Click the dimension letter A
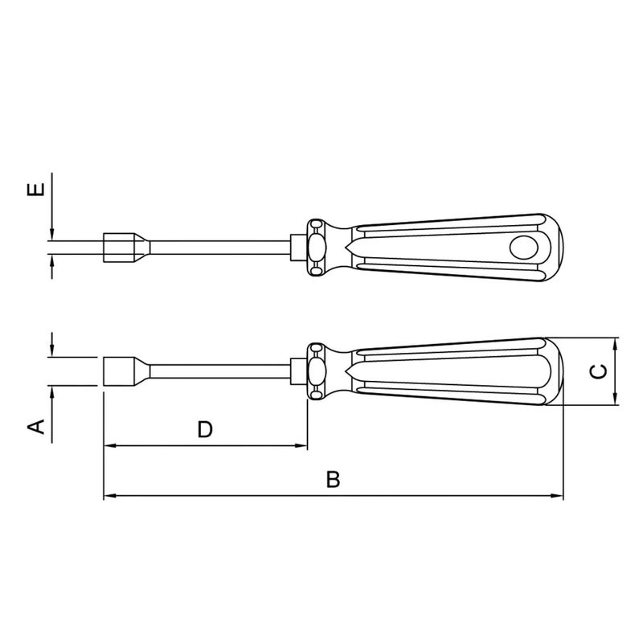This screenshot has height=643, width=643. click(35, 426)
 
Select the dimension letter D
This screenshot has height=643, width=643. click(205, 430)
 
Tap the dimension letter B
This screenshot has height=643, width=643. click(334, 481)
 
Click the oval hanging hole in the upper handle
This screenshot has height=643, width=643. click(526, 248)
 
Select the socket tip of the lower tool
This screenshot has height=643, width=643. click(118, 371)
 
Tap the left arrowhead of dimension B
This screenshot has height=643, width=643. click(109, 496)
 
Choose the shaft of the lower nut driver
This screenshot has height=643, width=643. click(217, 371)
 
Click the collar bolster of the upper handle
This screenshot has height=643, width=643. click(315, 247)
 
